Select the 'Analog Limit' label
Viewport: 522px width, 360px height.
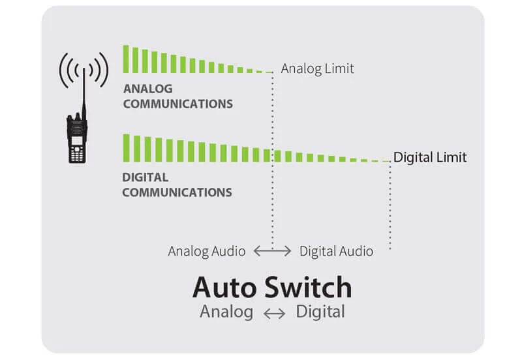tap(317, 68)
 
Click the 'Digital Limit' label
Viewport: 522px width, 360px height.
tap(430, 158)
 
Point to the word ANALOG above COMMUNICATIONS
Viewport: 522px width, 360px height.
tap(149, 89)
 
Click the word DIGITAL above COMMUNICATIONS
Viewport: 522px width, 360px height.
tap(145, 177)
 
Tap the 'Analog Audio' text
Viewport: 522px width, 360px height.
tap(207, 251)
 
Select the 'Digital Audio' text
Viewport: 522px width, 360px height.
tap(336, 251)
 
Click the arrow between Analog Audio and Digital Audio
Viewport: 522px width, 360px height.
tap(272, 251)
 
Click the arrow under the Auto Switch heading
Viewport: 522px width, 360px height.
tap(274, 314)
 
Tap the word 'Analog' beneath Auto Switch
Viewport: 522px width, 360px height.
tap(226, 312)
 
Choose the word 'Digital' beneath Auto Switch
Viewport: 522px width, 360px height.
tap(320, 312)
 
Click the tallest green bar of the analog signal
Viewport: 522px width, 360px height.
tap(126, 59)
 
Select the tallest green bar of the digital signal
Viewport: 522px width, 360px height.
tap(126, 148)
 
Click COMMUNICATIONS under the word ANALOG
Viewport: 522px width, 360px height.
tap(177, 104)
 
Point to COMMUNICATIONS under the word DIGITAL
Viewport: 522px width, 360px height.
tap(177, 192)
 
